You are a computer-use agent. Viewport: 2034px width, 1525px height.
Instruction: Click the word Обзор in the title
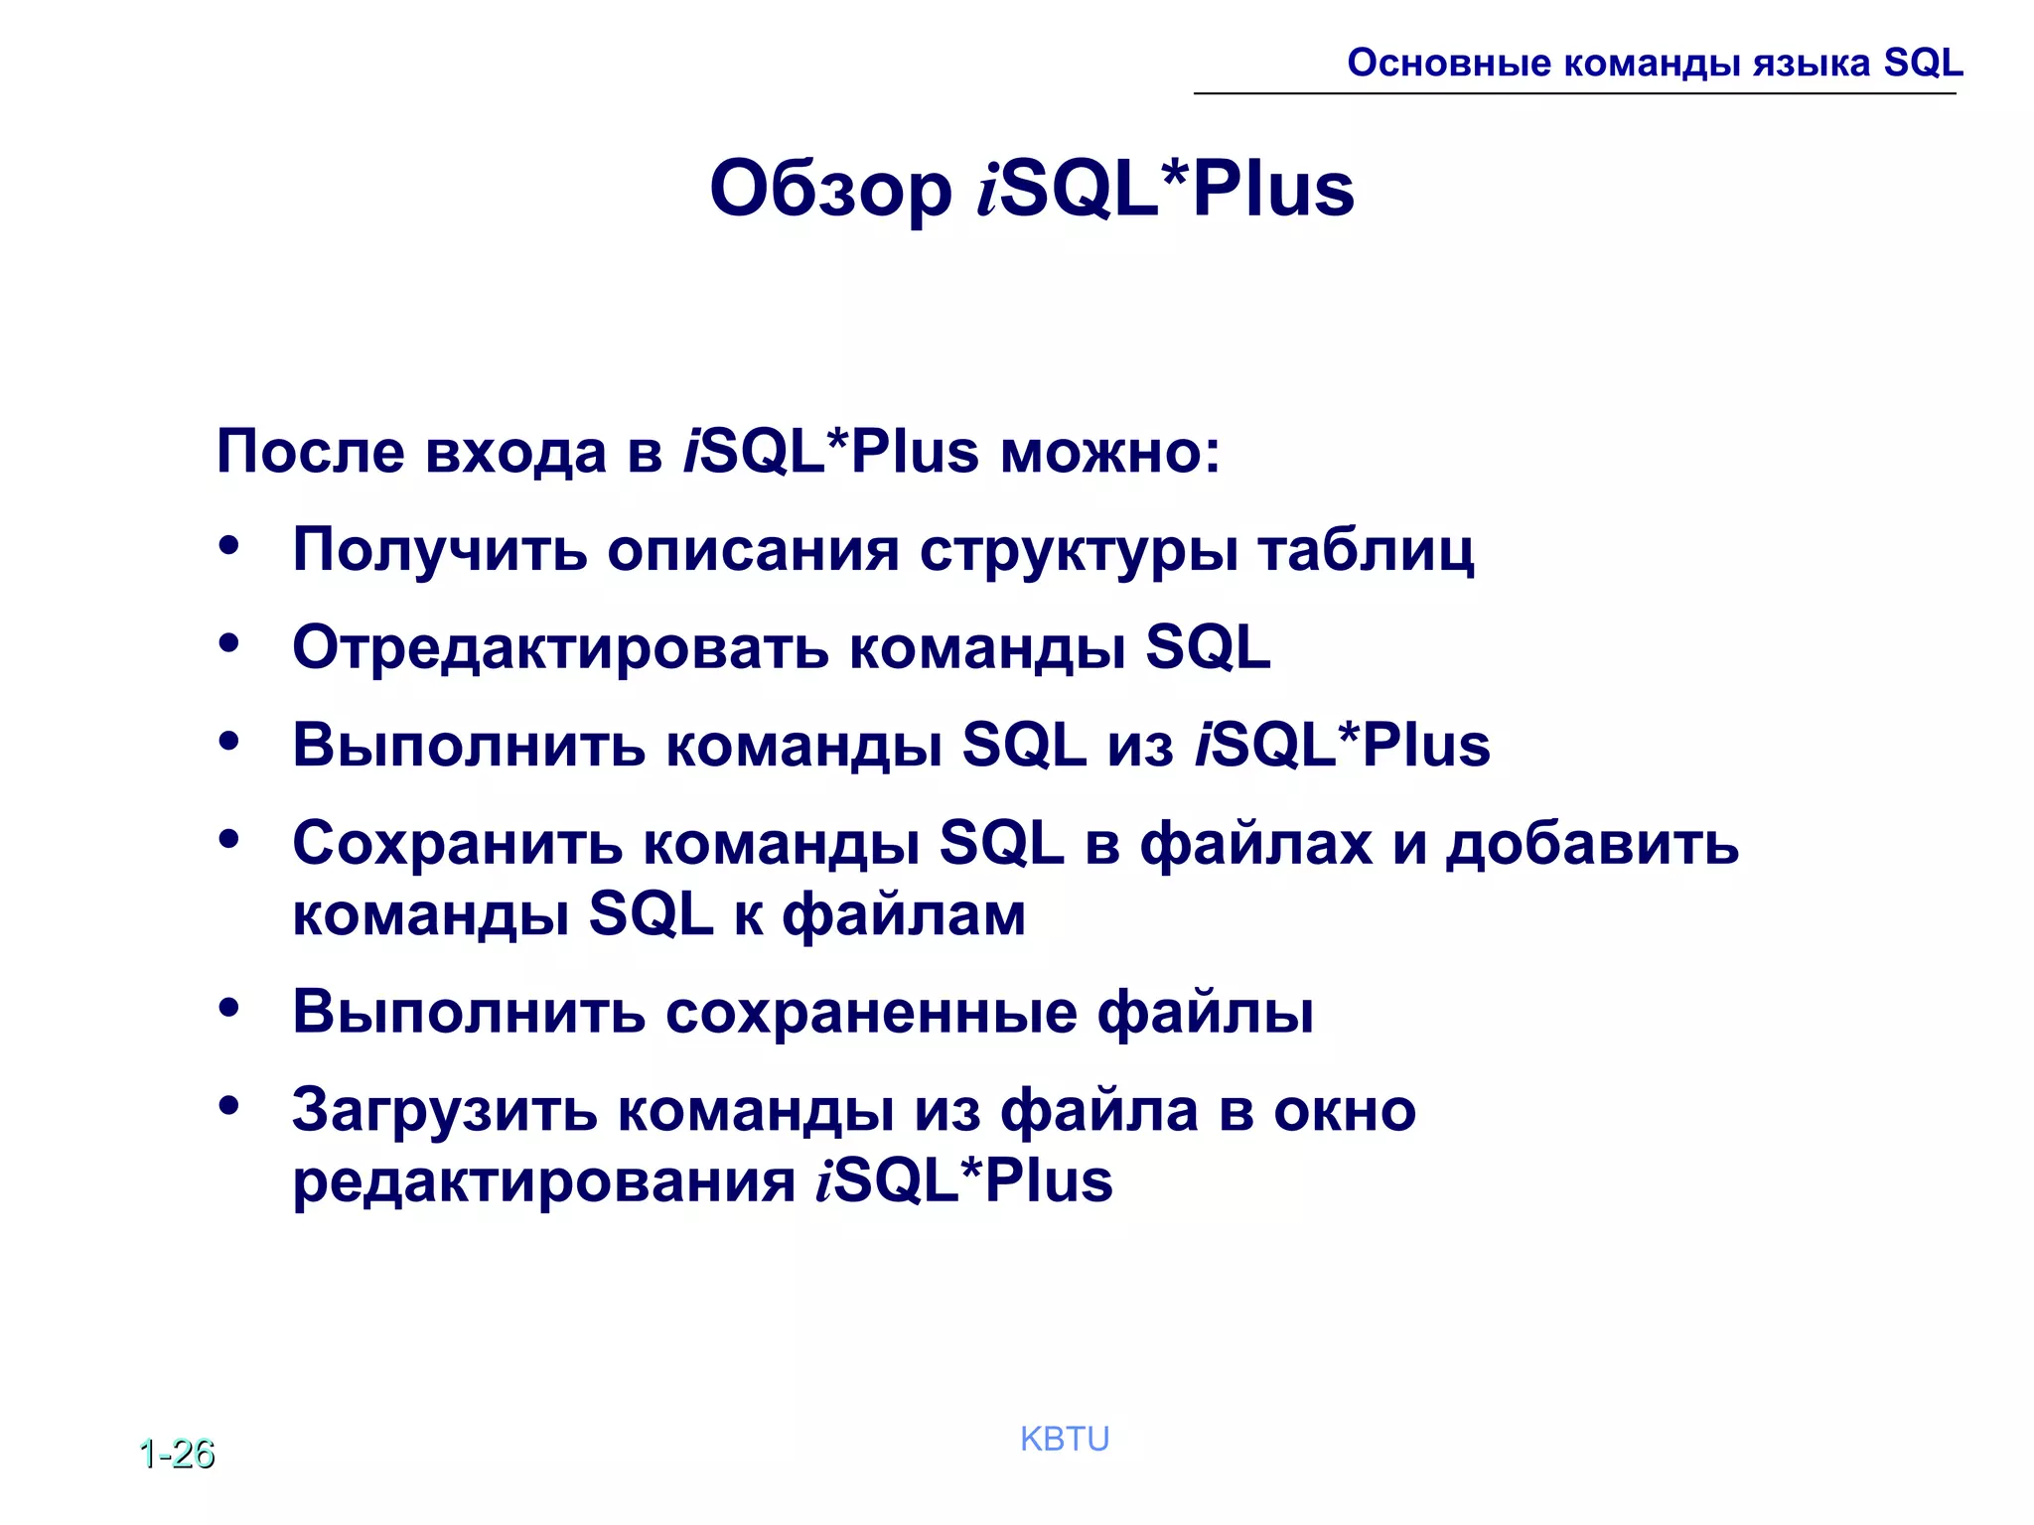[830, 190]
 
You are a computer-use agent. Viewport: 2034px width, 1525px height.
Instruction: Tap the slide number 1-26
[177, 1454]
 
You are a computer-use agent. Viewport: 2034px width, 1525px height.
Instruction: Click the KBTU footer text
[1065, 1439]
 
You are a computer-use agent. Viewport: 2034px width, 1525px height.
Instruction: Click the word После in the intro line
[311, 452]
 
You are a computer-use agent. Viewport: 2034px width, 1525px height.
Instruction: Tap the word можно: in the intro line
[1109, 452]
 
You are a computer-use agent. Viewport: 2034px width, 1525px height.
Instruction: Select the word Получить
[440, 550]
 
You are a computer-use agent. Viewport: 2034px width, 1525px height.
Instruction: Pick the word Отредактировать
[560, 648]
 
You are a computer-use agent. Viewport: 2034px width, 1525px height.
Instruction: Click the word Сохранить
[458, 844]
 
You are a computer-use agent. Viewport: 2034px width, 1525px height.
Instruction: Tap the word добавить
[1591, 844]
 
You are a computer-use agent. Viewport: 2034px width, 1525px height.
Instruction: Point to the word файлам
[904, 914]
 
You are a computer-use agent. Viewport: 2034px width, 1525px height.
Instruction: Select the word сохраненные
[871, 1013]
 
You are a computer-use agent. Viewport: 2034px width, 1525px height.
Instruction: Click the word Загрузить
[445, 1110]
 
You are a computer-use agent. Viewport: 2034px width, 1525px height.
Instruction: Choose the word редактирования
[543, 1181]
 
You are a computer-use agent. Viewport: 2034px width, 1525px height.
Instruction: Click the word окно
[1345, 1110]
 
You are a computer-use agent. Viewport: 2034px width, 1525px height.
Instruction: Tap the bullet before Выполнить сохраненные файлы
[229, 1009]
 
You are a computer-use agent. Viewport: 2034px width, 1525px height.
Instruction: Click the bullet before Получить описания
[229, 546]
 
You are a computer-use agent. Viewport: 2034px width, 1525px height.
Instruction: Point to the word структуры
[1079, 550]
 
